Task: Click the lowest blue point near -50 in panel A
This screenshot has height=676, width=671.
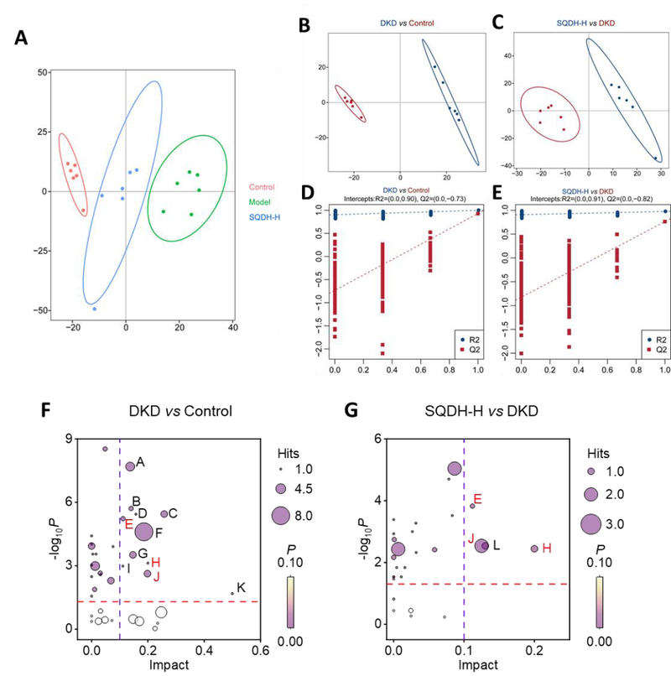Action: click(x=95, y=309)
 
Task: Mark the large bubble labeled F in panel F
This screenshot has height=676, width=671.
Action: click(x=143, y=532)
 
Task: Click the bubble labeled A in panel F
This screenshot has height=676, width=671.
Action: click(x=130, y=465)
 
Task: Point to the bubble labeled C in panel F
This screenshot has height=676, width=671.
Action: click(x=164, y=513)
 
